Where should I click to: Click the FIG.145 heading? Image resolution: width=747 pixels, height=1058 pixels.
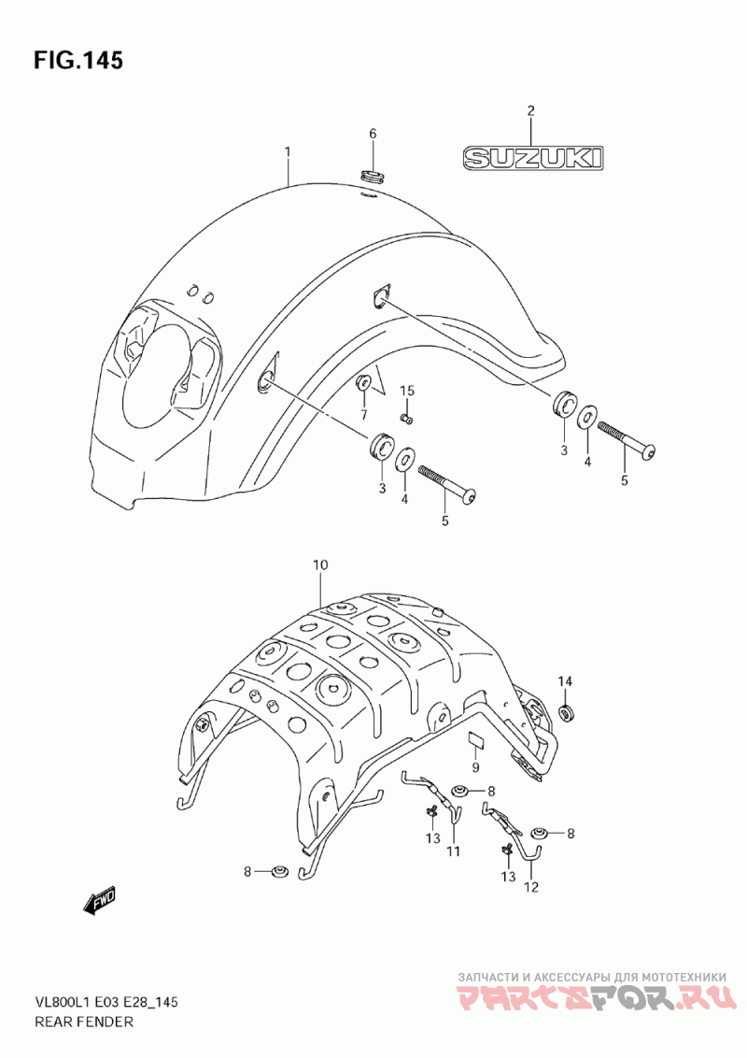pyautogui.click(x=78, y=60)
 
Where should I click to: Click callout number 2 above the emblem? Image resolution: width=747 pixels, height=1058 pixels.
pyautogui.click(x=530, y=111)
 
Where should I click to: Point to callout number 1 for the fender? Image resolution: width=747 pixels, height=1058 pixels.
pyautogui.click(x=288, y=152)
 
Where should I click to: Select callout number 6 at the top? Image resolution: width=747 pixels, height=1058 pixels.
pyautogui.click(x=373, y=134)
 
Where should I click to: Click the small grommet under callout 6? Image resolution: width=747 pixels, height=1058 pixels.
pyautogui.click(x=373, y=177)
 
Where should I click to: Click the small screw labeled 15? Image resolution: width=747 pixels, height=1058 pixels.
pyautogui.click(x=407, y=419)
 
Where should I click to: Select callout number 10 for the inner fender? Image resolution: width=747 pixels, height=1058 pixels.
pyautogui.click(x=319, y=565)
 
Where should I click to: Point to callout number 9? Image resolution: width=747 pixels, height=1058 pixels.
pyautogui.click(x=475, y=767)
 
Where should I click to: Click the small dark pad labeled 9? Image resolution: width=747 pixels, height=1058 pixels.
pyautogui.click(x=477, y=740)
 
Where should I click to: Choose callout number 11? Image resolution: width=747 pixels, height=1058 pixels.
pyautogui.click(x=453, y=851)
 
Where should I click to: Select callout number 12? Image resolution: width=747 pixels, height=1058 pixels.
pyautogui.click(x=531, y=887)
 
